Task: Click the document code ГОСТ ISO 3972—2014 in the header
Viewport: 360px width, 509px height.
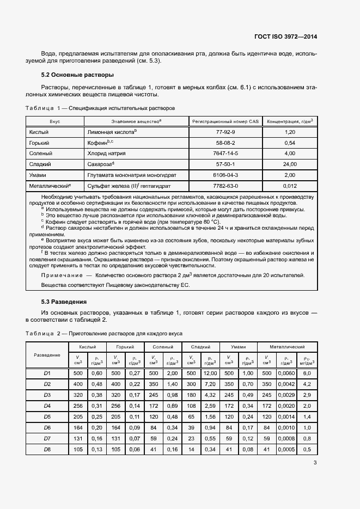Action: (285, 37)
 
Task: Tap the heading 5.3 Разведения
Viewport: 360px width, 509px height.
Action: (64, 301)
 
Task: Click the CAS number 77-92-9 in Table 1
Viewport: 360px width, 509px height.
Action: (225, 132)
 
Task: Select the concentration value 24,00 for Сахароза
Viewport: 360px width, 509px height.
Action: (290, 164)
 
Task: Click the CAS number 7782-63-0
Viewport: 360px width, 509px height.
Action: (225, 185)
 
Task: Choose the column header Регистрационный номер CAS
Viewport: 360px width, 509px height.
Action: (225, 121)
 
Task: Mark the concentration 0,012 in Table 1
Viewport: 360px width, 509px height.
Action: (290, 185)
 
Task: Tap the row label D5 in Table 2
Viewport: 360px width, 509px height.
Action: (47, 416)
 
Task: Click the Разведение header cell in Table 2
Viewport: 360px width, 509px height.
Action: (47, 354)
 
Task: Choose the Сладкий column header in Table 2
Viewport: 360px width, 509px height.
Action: (201, 347)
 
